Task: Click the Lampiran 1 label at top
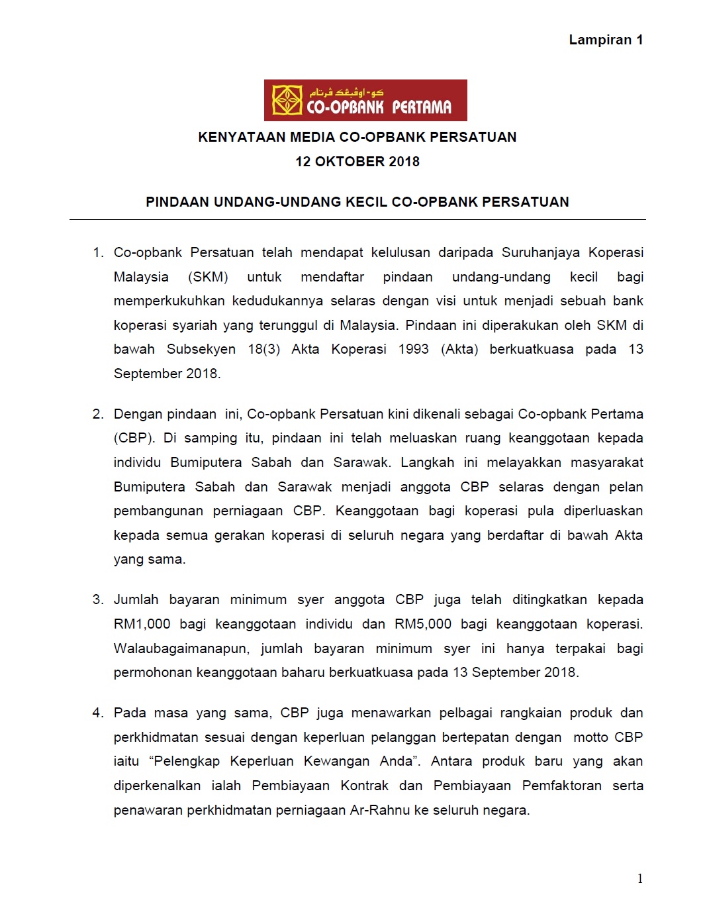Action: [606, 40]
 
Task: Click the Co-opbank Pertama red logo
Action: [365, 100]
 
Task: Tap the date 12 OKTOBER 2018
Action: [357, 162]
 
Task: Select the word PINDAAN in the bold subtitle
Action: [177, 202]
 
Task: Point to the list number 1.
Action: [98, 252]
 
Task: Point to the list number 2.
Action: [98, 414]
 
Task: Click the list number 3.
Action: [98, 599]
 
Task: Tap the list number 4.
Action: [98, 713]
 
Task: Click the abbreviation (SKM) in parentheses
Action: [208, 277]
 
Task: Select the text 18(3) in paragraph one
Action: [264, 349]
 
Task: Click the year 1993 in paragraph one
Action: [414, 349]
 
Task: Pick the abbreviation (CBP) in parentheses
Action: [134, 438]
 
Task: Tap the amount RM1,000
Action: [142, 624]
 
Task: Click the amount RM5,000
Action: [423, 624]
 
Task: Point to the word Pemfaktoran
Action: [561, 786]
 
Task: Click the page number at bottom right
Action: [640, 879]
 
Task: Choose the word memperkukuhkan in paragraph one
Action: [169, 301]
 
